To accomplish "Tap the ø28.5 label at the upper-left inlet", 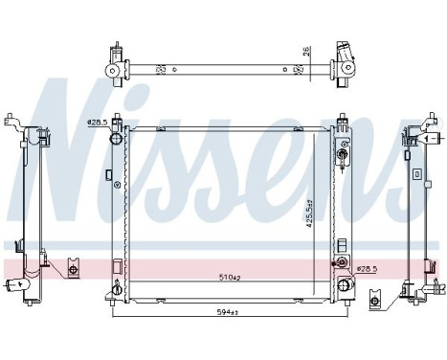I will [x=96, y=122].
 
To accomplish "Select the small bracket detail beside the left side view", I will [x=73, y=270].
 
